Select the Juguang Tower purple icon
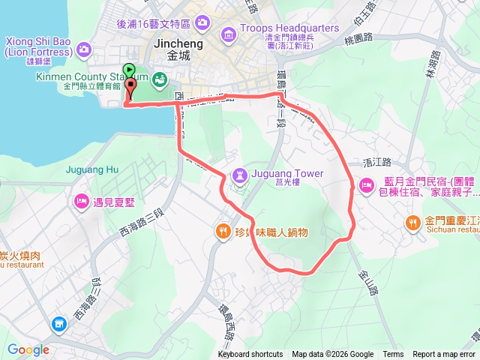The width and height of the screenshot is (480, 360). pos(239,174)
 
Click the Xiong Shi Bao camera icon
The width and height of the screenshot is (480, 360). pos(83,49)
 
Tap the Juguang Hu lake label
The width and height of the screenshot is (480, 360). pos(93,169)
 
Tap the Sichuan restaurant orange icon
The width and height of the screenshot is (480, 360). pos(413,201)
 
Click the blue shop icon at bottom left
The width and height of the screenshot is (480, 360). pos(59,324)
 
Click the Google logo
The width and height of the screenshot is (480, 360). pos(28,349)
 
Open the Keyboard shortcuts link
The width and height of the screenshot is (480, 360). pos(250,355)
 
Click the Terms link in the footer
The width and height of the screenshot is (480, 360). pos(393,355)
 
